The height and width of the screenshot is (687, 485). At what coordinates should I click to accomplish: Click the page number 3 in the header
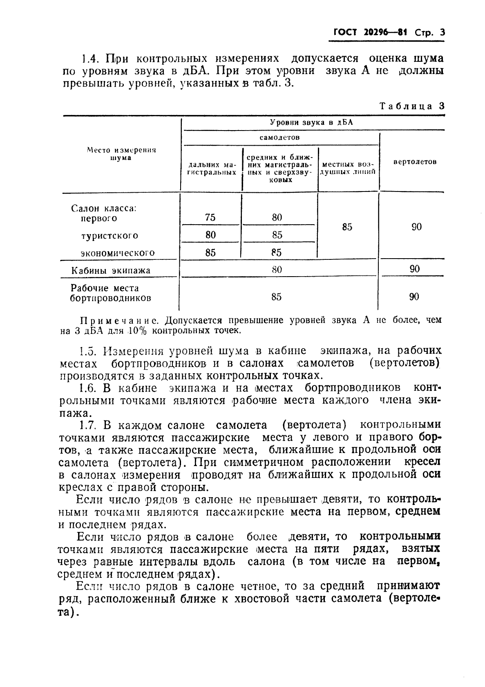(442, 33)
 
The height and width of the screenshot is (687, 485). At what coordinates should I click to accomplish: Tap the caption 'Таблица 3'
(411, 106)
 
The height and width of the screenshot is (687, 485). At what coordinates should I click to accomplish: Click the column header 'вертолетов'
(414, 162)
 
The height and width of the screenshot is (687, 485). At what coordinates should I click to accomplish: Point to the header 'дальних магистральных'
(211, 169)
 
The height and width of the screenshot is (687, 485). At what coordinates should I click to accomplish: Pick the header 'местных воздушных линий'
(348, 169)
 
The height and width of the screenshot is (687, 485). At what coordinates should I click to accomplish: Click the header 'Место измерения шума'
(121, 154)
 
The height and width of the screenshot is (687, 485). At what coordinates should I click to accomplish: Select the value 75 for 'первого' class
(210, 218)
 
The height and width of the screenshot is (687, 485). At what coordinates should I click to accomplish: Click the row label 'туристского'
(110, 236)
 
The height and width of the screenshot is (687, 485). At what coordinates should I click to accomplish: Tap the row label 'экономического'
(118, 253)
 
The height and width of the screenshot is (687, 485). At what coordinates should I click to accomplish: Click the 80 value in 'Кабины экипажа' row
(277, 270)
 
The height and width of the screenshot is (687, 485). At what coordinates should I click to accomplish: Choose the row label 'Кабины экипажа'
(111, 270)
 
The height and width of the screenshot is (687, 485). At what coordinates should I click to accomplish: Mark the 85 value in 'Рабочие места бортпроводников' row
(277, 297)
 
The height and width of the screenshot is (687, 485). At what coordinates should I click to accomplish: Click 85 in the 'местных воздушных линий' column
(347, 227)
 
